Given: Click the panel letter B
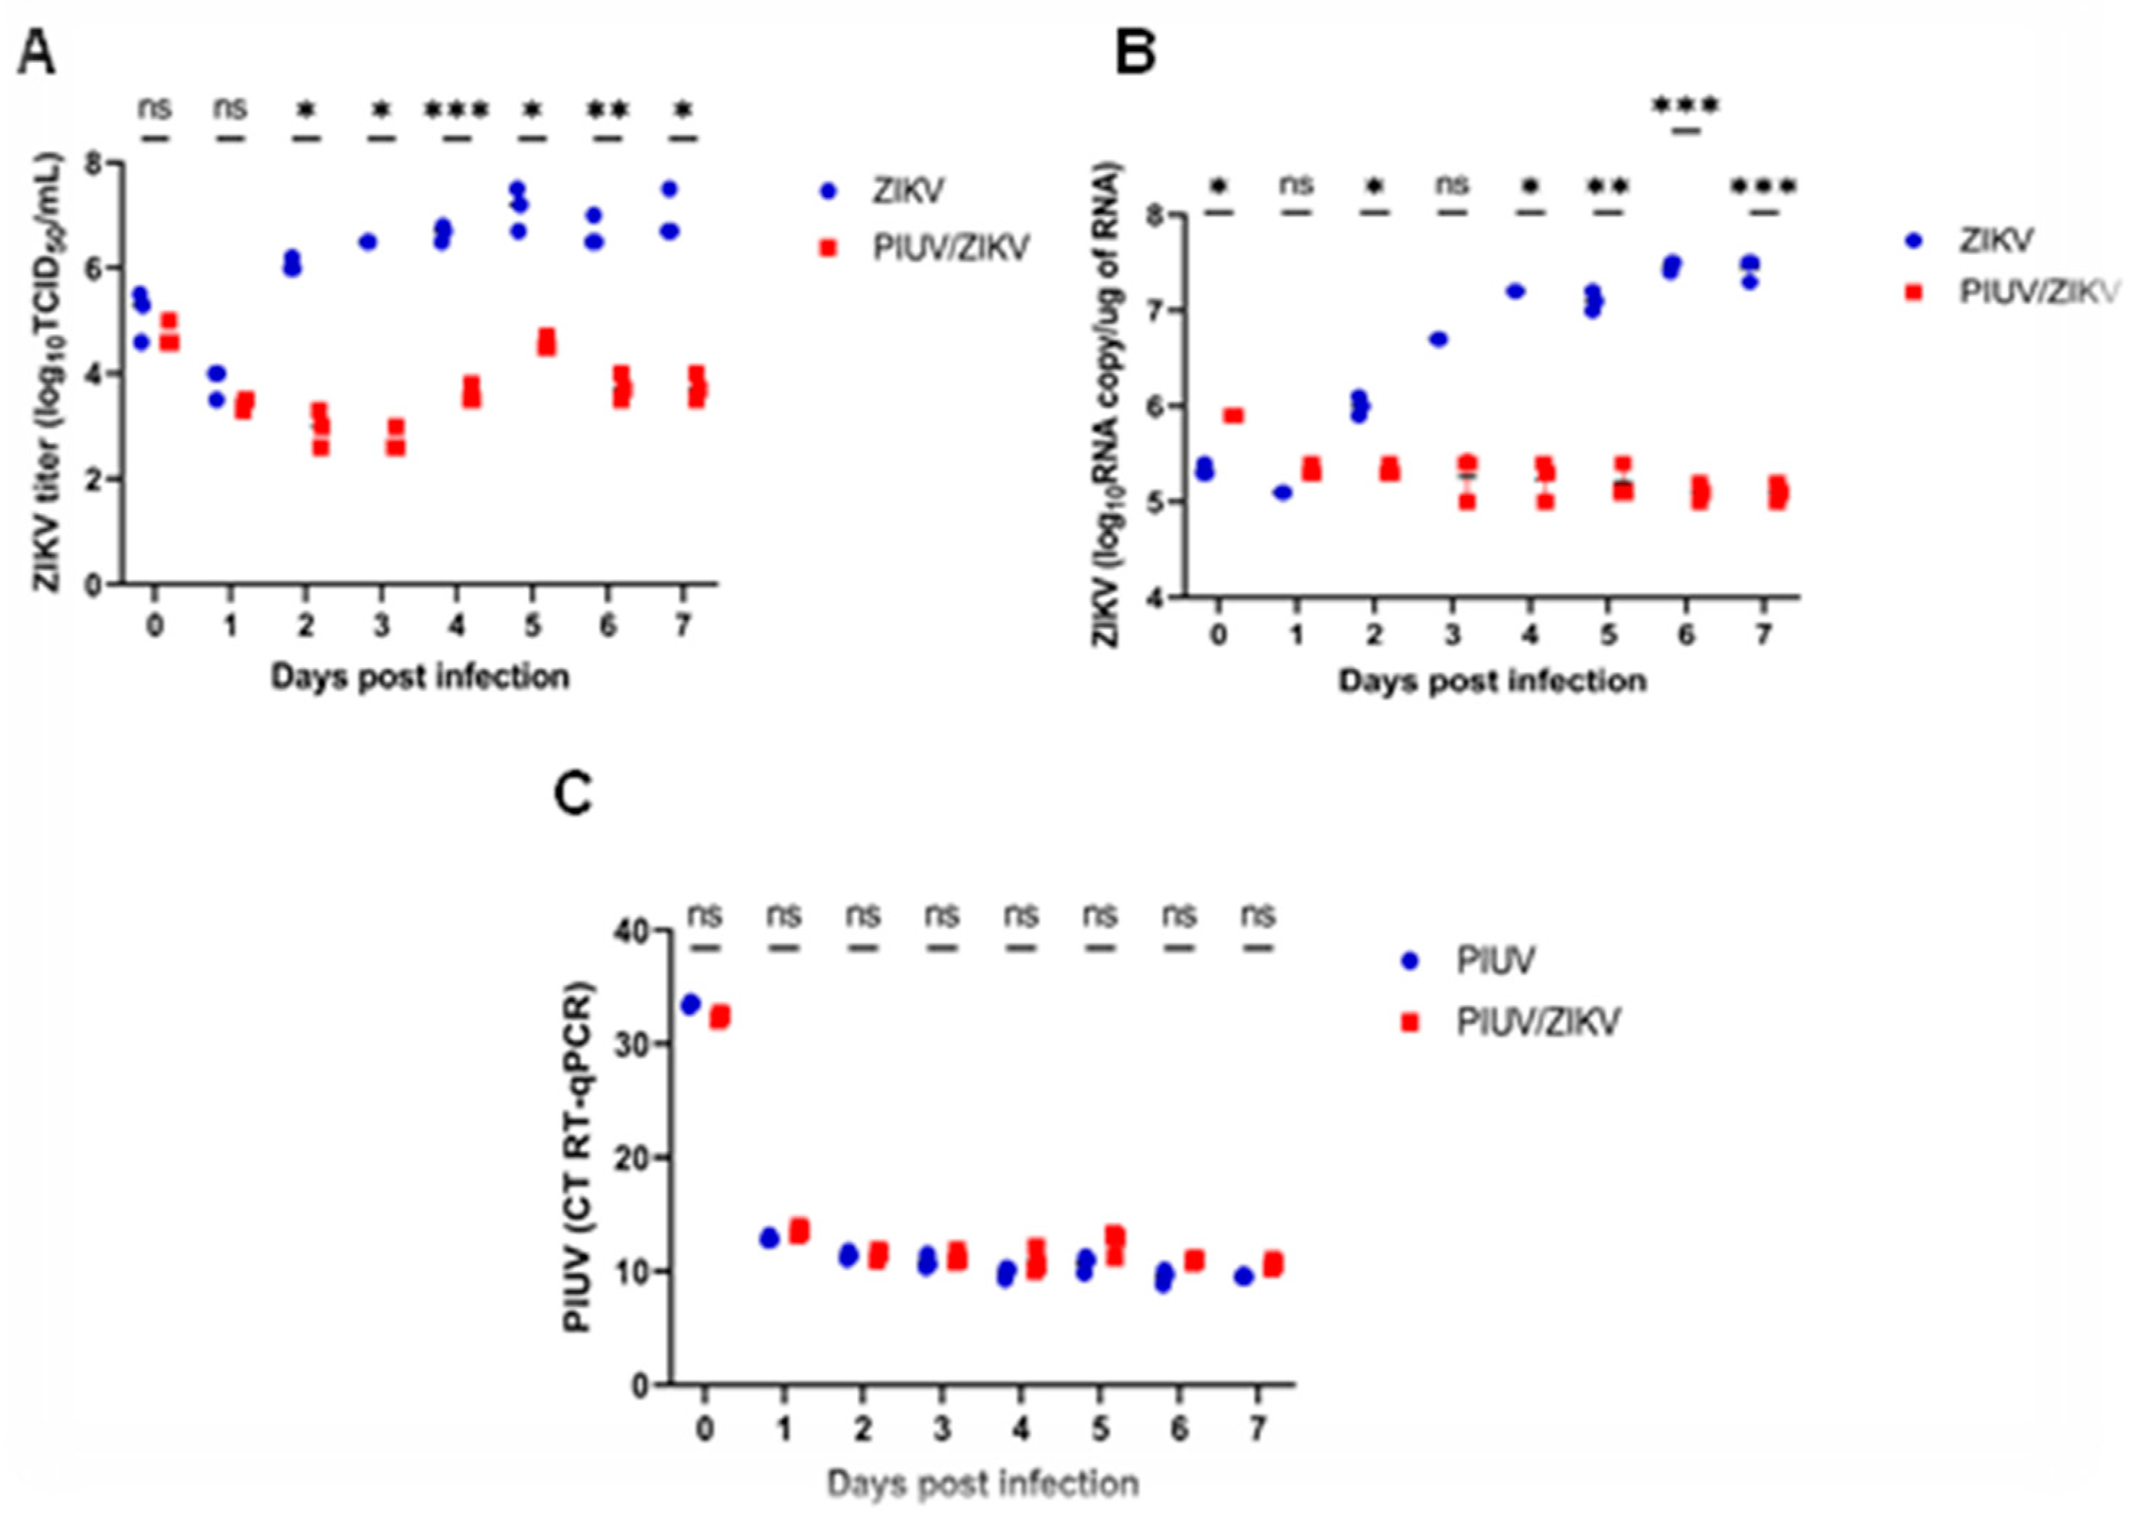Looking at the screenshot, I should (1136, 55).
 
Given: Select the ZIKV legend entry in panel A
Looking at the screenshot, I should (908, 191).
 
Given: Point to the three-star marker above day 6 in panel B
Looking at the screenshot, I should (1686, 105).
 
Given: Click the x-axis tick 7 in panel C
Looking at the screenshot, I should (1258, 1429).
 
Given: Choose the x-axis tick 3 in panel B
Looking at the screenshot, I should (1451, 636).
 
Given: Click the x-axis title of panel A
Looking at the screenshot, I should (419, 676).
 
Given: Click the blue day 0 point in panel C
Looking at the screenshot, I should (690, 1004).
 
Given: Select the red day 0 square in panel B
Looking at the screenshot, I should (1233, 415).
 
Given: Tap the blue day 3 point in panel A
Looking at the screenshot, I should (367, 242).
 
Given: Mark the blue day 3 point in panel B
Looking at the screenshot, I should (1438, 339).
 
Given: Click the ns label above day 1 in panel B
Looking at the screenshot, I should (1295, 184).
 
